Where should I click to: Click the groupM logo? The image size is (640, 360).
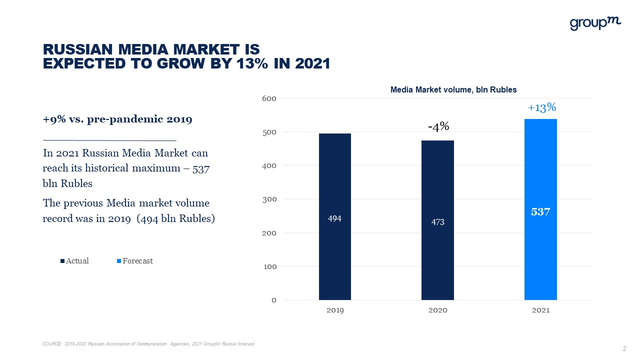point(595,23)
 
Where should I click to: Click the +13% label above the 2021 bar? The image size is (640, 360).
point(541,107)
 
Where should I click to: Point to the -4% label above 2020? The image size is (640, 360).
point(438,127)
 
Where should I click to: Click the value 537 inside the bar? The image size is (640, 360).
point(540,212)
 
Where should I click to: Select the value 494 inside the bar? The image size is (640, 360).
point(334,218)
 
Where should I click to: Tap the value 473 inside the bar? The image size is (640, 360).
point(437,222)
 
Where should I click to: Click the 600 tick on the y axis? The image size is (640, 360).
point(269,98)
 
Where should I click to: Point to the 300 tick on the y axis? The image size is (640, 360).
point(269,199)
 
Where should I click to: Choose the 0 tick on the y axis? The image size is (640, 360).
point(273,300)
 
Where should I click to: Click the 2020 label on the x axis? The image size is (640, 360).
point(437,310)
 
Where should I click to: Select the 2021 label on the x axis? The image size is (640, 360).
point(540,310)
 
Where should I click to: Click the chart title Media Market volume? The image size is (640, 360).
point(453,90)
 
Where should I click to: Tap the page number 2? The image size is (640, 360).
point(624,348)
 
